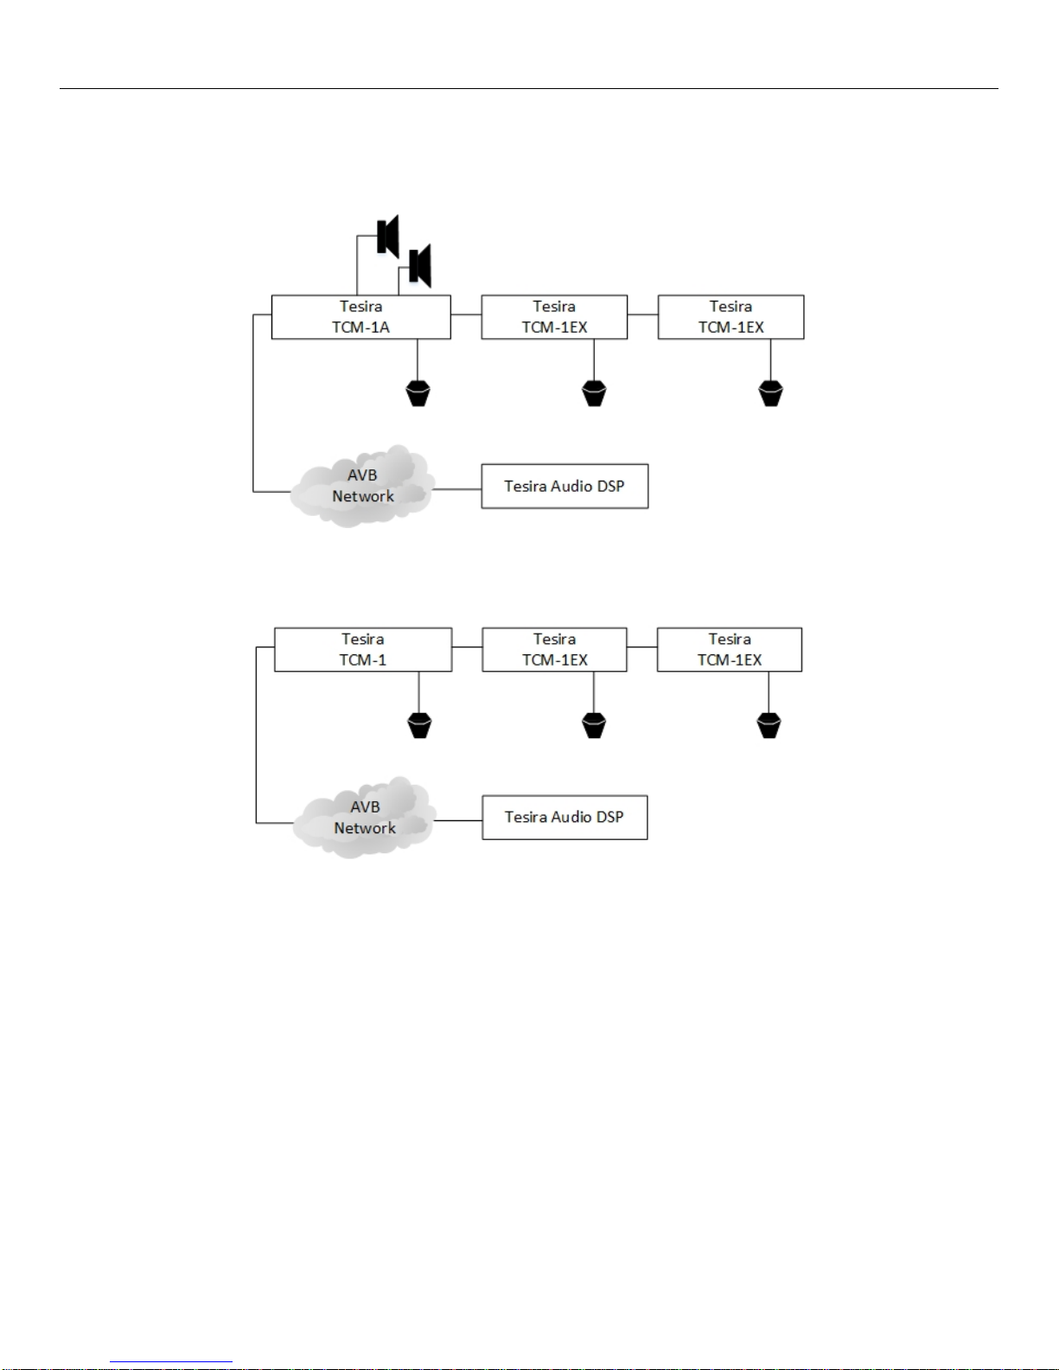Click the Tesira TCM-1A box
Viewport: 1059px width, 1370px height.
click(x=360, y=317)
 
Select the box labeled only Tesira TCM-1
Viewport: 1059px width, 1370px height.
click(x=363, y=649)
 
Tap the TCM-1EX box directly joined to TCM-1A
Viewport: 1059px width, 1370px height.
click(x=554, y=317)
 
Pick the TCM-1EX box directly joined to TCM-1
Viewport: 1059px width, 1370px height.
click(x=554, y=649)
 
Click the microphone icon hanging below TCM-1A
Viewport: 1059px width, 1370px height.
click(x=418, y=393)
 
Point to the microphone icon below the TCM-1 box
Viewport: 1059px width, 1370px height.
click(x=419, y=725)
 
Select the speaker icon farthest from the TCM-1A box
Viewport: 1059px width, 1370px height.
click(x=387, y=237)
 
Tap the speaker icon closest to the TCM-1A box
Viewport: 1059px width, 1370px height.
click(x=420, y=265)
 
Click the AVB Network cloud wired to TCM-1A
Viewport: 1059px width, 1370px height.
click(x=362, y=486)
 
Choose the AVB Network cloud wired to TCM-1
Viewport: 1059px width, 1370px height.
click(x=364, y=818)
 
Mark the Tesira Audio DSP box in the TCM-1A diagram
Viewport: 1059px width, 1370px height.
click(x=565, y=486)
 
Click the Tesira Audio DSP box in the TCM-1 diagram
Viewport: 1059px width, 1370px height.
click(x=565, y=817)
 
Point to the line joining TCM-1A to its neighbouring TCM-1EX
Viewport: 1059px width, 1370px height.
click(x=467, y=314)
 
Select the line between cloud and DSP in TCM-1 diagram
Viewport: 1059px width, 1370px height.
click(x=458, y=820)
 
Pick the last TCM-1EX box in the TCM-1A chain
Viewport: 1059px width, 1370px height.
click(x=731, y=317)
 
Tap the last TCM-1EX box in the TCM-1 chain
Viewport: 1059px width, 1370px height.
click(x=730, y=649)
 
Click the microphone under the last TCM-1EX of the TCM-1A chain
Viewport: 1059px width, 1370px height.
click(x=770, y=393)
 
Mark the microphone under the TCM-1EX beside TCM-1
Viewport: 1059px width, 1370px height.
click(x=594, y=725)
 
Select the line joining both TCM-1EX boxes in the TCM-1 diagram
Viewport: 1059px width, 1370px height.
click(x=642, y=647)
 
